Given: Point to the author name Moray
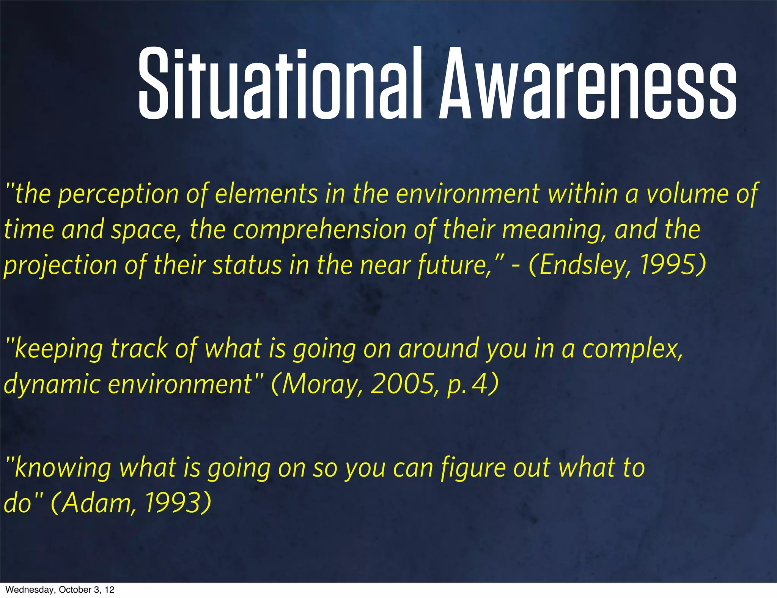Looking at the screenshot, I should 321,384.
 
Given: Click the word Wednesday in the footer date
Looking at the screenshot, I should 29,590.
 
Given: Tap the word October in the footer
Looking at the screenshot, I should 74,590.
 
